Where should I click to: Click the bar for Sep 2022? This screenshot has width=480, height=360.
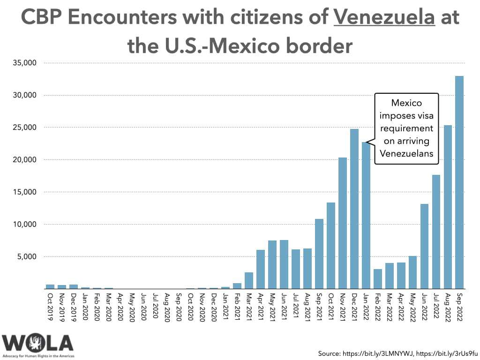tap(459, 182)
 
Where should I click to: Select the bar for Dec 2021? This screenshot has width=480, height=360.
tap(354, 209)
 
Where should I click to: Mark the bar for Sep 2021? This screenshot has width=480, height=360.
tap(319, 254)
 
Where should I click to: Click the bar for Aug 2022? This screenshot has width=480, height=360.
tap(448, 207)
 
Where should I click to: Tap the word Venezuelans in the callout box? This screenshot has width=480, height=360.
tap(406, 153)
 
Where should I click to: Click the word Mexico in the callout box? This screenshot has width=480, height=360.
tap(406, 103)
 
